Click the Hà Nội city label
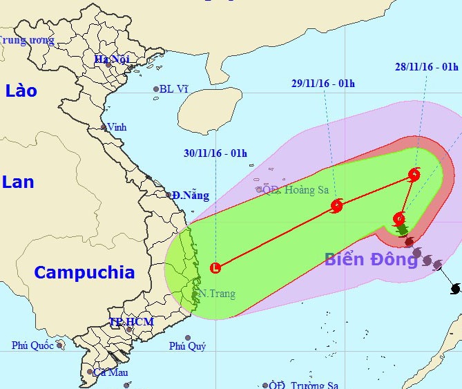pos(113,59)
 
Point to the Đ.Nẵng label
pos(191,196)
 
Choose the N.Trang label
pos(217,294)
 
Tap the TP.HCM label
pos(131,322)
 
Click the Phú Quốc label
pos(32,345)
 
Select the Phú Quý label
pos(187,346)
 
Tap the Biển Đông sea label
pos(371,260)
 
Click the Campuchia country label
pos(84,272)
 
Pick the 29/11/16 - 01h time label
pos(323,84)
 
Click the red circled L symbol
pos(215,267)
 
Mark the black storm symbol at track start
pos(454,288)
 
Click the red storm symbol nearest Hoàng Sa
pos(337,205)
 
